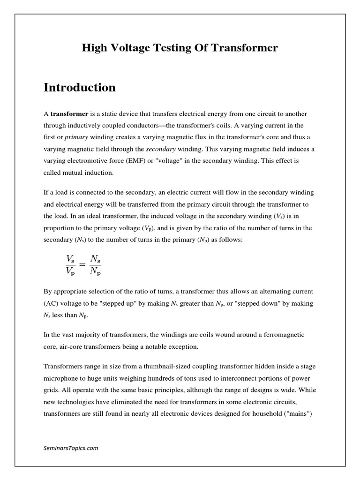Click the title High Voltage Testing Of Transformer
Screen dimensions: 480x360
pyautogui.click(x=180, y=48)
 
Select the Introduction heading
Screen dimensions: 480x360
pyautogui.click(x=80, y=88)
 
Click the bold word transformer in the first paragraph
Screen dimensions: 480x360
pyautogui.click(x=69, y=114)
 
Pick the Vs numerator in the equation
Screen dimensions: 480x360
pyautogui.click(x=70, y=258)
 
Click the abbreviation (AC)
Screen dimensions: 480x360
pyautogui.click(x=52, y=303)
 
